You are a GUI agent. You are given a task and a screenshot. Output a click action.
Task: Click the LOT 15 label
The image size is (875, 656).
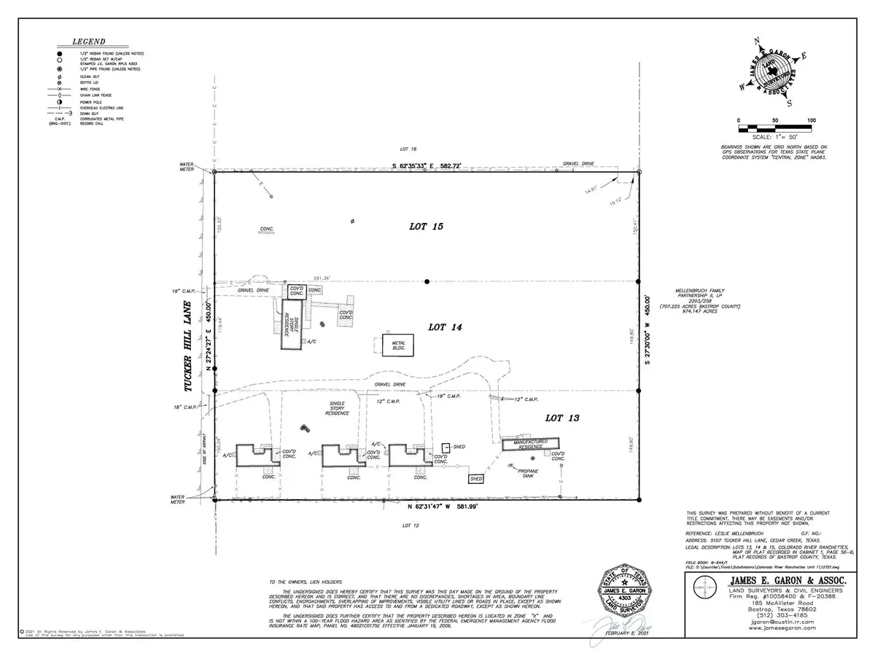click(427, 227)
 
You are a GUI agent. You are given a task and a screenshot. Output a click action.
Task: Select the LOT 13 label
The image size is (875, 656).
click(562, 418)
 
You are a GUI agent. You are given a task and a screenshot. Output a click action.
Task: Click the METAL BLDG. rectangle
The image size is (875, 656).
click(397, 345)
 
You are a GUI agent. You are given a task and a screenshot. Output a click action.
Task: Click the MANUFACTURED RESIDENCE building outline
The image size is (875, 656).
click(530, 443)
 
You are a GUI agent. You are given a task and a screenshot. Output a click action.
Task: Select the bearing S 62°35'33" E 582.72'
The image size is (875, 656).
click(433, 166)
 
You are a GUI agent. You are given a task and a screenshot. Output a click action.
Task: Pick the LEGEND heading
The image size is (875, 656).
click(88, 42)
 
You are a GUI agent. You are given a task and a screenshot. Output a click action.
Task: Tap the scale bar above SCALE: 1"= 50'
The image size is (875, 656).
click(774, 129)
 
